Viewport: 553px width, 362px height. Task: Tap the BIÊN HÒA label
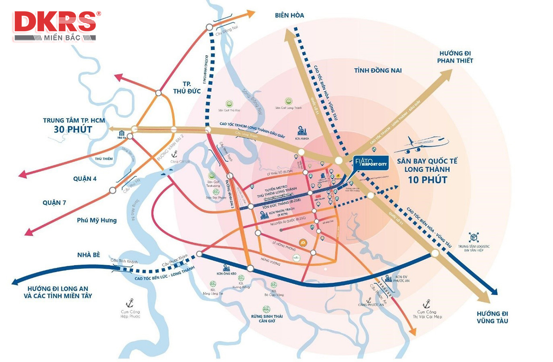(x=289, y=15)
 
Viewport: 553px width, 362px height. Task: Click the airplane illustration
(x=421, y=145)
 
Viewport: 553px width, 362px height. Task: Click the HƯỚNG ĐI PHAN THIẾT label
(x=456, y=57)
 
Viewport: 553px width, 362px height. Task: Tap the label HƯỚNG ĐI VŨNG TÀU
(x=493, y=317)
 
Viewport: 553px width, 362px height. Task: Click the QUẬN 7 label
(x=54, y=203)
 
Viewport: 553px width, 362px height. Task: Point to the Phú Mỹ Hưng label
(x=97, y=220)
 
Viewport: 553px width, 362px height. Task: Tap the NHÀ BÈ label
(x=89, y=255)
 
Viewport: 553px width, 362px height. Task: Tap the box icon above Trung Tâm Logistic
(x=474, y=237)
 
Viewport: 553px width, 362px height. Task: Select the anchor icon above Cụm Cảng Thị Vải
(x=426, y=303)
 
